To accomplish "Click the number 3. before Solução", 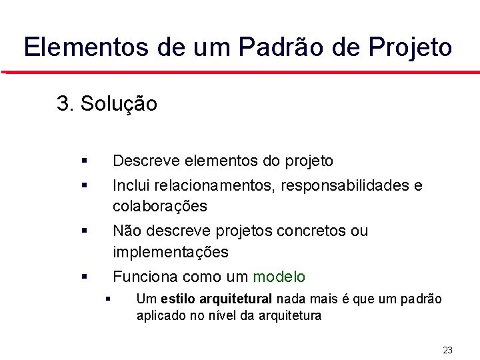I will (x=65, y=104).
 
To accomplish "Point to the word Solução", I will (x=119, y=104).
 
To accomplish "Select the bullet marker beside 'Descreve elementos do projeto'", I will (x=83, y=161).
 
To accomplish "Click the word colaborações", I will (x=160, y=206).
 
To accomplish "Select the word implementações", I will (x=171, y=252).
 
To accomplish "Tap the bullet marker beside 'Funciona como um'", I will (x=83, y=276).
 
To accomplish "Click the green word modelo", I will (x=279, y=277).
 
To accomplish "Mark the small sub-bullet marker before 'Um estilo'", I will (x=107, y=299).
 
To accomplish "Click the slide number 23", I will (x=447, y=350).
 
